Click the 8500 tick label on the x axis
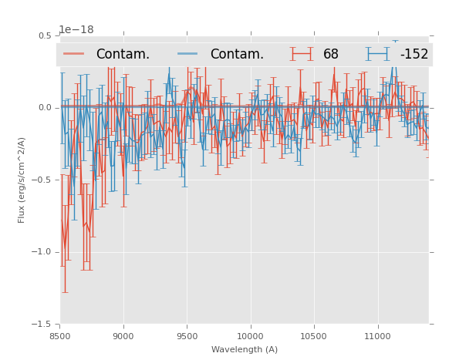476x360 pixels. click(59, 336)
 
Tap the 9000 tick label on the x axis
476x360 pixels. click(123, 336)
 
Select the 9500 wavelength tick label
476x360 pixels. click(187, 336)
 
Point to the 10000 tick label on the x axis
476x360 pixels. click(250, 336)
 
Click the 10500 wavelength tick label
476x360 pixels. click(313, 336)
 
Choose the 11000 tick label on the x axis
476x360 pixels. click(376, 336)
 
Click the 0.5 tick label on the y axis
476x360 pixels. click(45, 35)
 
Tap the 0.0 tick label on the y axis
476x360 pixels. click(45, 108)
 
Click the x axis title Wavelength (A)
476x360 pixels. click(245, 349)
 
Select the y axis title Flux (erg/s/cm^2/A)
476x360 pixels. click(22, 180)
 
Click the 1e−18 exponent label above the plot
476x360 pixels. click(76, 30)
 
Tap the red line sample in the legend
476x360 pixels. click(74, 54)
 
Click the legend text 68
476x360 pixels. click(331, 54)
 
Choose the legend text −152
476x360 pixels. click(414, 54)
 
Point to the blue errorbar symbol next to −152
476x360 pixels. click(378, 54)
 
